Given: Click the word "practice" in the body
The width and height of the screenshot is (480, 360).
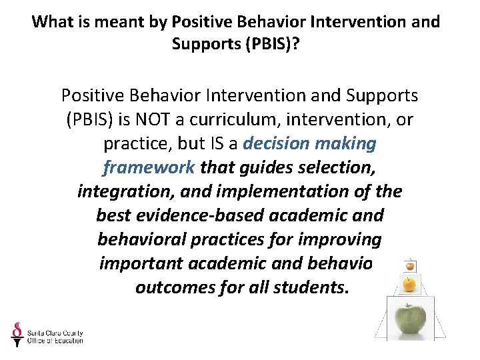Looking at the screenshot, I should point(135,144).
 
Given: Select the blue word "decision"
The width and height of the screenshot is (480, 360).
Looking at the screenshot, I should point(277,144).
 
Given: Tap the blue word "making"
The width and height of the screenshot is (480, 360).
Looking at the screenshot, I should point(348,144).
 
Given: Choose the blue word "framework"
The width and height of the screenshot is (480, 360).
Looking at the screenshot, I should point(148,168).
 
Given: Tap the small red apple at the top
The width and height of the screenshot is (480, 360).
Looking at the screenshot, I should point(410,266).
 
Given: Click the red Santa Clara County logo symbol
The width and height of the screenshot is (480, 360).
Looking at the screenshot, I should point(17,333).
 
